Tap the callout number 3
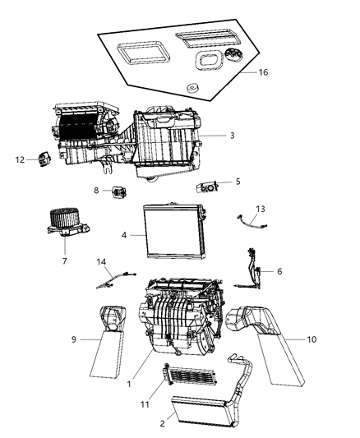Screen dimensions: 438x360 click(x=232, y=135)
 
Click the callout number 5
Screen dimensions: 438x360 click(x=238, y=182)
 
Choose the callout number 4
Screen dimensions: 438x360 click(x=123, y=235)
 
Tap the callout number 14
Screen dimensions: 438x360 click(x=103, y=263)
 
